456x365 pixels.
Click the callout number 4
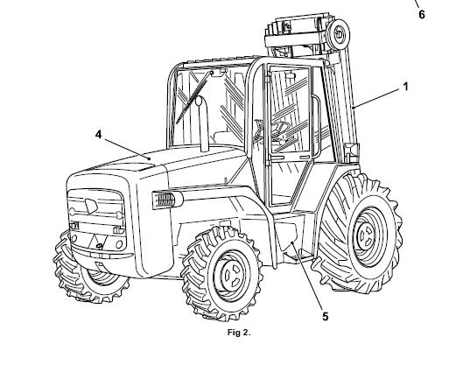tap(99, 135)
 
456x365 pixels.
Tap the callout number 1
tap(405, 87)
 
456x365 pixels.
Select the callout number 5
tap(326, 316)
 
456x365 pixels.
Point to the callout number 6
tap(422, 14)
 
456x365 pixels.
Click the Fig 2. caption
tap(239, 333)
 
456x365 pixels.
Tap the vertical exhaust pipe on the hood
tap(203, 123)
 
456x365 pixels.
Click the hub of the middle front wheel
tap(230, 276)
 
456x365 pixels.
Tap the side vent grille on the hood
tap(165, 200)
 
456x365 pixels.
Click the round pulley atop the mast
tap(339, 34)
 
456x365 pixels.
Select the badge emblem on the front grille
tap(91, 205)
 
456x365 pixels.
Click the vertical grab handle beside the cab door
tap(316, 126)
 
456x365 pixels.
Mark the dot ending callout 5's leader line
tap(292, 242)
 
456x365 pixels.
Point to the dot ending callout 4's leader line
tap(149, 159)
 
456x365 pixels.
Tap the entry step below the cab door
tap(298, 256)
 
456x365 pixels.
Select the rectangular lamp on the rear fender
tap(352, 151)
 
